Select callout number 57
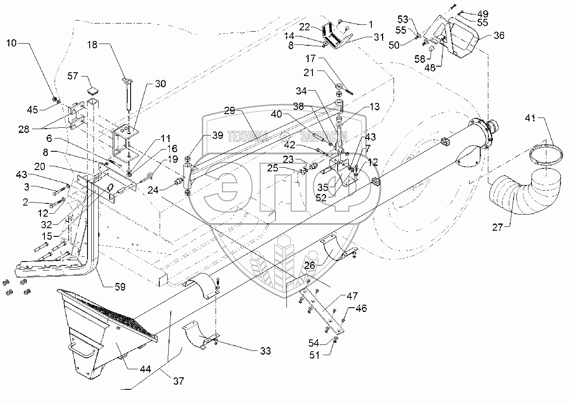click(73, 76)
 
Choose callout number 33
click(265, 351)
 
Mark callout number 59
click(120, 287)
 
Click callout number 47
click(353, 296)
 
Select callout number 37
click(179, 381)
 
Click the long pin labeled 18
click(128, 96)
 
